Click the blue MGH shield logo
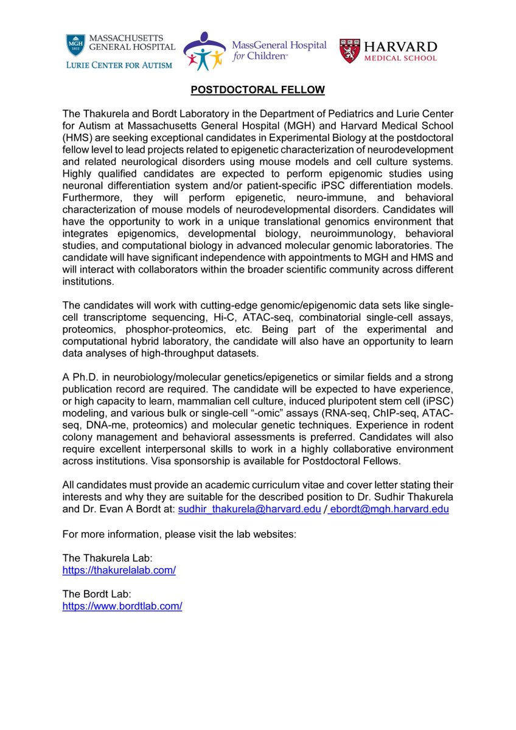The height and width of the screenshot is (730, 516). click(x=75, y=46)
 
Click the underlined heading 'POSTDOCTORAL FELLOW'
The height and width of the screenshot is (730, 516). click(x=258, y=90)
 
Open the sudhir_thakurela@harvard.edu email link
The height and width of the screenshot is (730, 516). click(x=249, y=510)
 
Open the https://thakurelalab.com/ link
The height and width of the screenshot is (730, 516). click(x=119, y=571)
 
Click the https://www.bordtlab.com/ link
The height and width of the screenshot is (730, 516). click(x=122, y=607)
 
